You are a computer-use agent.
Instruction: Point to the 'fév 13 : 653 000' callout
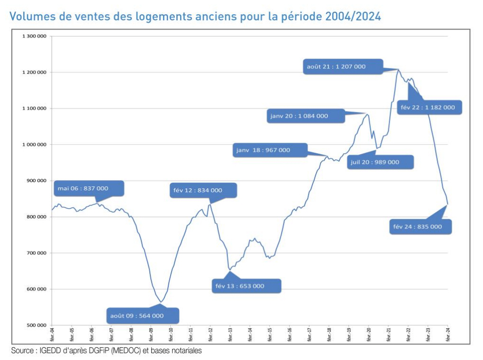(246, 286)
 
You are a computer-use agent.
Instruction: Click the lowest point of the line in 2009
(161, 302)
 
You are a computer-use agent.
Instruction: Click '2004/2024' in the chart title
(353, 17)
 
